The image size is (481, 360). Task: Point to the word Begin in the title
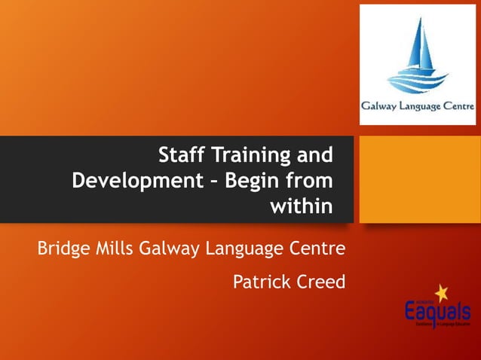pyautogui.click(x=249, y=181)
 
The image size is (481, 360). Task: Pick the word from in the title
pyautogui.click(x=310, y=181)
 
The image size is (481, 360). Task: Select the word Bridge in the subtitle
pyautogui.click(x=63, y=247)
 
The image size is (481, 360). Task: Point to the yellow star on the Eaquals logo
pyautogui.click(x=441, y=292)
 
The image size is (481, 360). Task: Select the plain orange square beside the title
pyautogui.click(x=418, y=178)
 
